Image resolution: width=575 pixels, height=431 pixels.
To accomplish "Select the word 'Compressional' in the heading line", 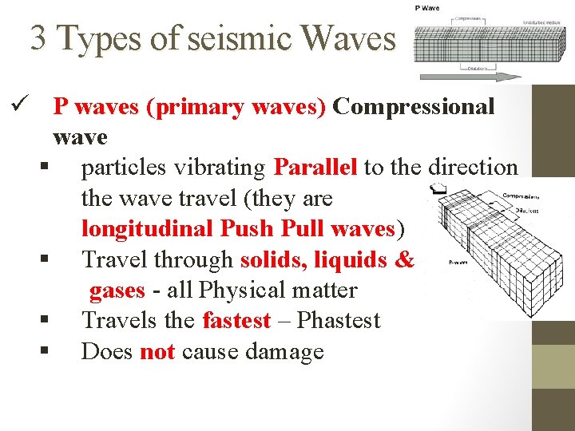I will click(414, 106).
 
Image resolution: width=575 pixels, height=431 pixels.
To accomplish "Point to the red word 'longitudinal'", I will click(147, 229).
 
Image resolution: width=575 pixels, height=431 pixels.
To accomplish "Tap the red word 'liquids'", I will click(352, 259).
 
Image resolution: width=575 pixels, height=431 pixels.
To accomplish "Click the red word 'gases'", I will click(117, 290).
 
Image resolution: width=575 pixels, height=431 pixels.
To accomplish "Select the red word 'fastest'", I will click(236, 321).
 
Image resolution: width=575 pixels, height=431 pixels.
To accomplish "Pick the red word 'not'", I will click(157, 351).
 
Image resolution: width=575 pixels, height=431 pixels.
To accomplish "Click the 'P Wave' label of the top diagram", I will click(426, 8).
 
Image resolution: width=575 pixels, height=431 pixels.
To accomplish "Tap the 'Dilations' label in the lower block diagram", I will click(526, 211).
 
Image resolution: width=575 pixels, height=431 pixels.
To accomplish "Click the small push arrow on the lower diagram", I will click(437, 189).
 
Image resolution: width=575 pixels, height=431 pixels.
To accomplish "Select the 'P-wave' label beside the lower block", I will click(458, 260).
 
